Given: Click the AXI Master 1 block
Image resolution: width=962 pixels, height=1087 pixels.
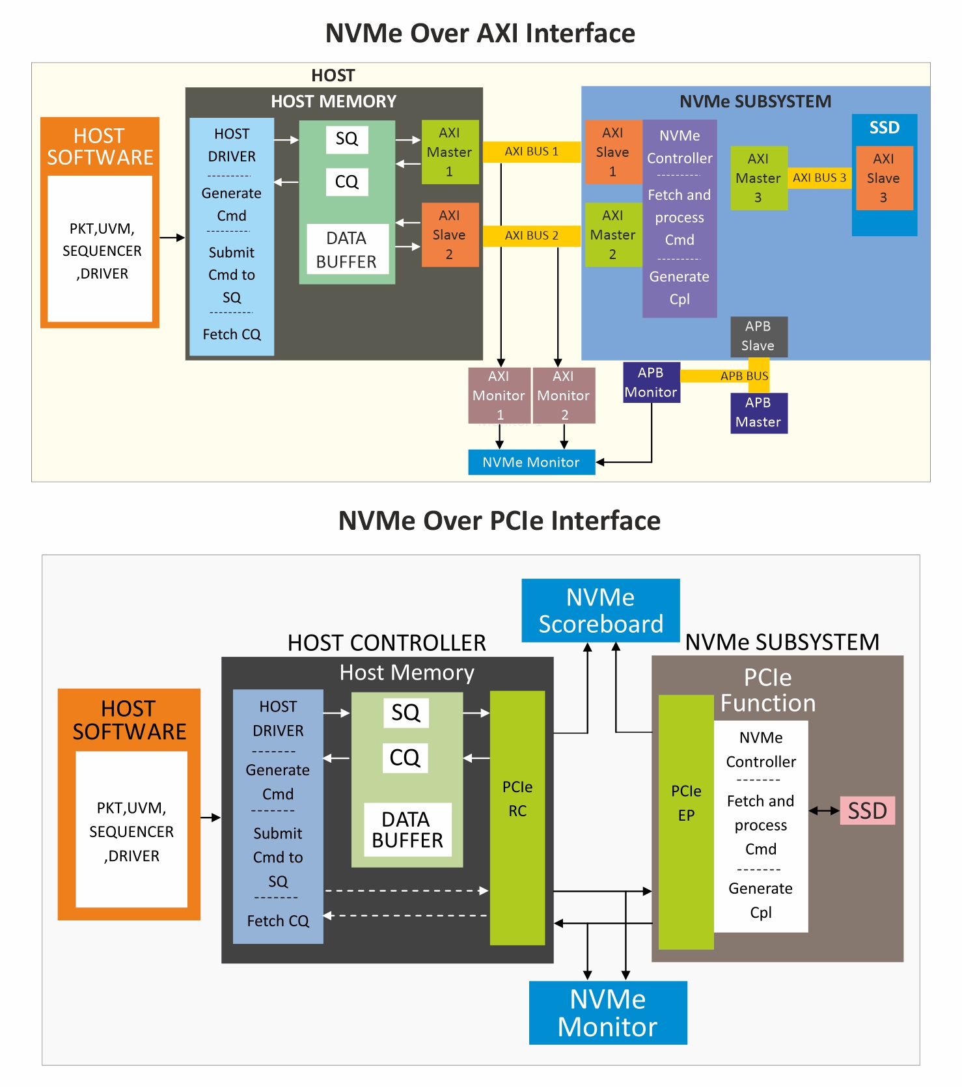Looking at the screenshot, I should [x=450, y=152].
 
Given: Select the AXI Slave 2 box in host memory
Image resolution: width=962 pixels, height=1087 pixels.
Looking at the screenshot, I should [x=450, y=235].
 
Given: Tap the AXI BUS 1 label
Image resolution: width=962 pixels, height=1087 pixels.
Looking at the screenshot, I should [x=531, y=152].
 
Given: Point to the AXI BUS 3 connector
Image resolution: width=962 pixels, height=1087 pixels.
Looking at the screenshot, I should [x=819, y=178].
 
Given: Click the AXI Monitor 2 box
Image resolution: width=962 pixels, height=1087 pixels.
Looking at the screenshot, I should [x=564, y=395].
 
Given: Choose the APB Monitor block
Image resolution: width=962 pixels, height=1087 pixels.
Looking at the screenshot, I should [x=652, y=383].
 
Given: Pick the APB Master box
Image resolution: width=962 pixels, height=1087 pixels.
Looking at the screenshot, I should [x=758, y=413].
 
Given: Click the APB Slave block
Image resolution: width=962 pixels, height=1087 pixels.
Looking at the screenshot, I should [x=758, y=336].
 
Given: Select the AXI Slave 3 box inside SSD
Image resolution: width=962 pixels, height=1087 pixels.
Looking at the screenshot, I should [x=884, y=178].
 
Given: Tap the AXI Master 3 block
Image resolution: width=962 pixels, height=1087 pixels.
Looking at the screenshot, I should [x=758, y=178].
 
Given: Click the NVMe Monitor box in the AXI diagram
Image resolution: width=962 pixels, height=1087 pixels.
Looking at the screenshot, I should [x=531, y=462].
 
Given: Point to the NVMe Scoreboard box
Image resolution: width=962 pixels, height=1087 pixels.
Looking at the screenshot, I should [x=600, y=611].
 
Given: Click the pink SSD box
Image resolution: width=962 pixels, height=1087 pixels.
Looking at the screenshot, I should [x=867, y=810].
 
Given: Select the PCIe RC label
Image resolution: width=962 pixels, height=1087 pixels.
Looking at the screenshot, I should [x=517, y=799].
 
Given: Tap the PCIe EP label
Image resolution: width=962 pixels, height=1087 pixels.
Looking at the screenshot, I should [x=686, y=803].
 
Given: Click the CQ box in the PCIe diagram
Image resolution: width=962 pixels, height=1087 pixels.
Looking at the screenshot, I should [x=405, y=758].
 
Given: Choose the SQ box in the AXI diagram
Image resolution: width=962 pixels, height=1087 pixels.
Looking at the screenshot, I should [x=347, y=139].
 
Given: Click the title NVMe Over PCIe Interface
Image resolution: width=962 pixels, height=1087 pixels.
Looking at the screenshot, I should [x=499, y=521].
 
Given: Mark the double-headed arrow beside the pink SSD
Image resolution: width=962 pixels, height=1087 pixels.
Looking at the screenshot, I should [x=824, y=810].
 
